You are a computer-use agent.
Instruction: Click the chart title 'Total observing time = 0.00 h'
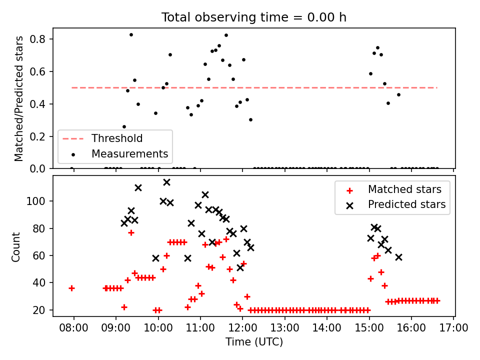(x=254, y=17)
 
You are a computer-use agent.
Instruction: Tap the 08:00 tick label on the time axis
(x=73, y=328)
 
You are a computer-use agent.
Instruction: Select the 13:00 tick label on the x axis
(x=284, y=328)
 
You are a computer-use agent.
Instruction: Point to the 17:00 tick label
(x=453, y=328)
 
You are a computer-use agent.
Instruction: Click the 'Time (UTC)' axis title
(x=254, y=341)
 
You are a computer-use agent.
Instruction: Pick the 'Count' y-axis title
(x=16, y=246)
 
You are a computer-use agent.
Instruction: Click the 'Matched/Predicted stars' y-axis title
(x=19, y=98)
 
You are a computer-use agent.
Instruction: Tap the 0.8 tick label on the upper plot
(x=37, y=39)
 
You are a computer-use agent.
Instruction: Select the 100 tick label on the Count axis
(x=36, y=201)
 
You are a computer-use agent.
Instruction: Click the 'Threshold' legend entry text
(x=117, y=138)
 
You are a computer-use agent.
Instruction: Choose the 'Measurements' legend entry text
(x=130, y=153)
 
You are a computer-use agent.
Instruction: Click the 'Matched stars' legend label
(x=404, y=189)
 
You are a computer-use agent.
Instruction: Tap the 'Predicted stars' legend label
(x=407, y=204)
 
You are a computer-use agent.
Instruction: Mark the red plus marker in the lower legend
(x=349, y=190)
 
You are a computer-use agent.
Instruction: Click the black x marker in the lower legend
(x=349, y=205)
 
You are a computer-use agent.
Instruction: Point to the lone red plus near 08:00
(x=71, y=288)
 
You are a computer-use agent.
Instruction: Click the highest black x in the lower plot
(x=166, y=182)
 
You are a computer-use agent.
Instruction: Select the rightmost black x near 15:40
(x=398, y=257)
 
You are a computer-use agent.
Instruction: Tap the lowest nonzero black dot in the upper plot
(x=124, y=126)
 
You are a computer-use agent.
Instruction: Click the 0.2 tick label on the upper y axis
(x=37, y=136)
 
